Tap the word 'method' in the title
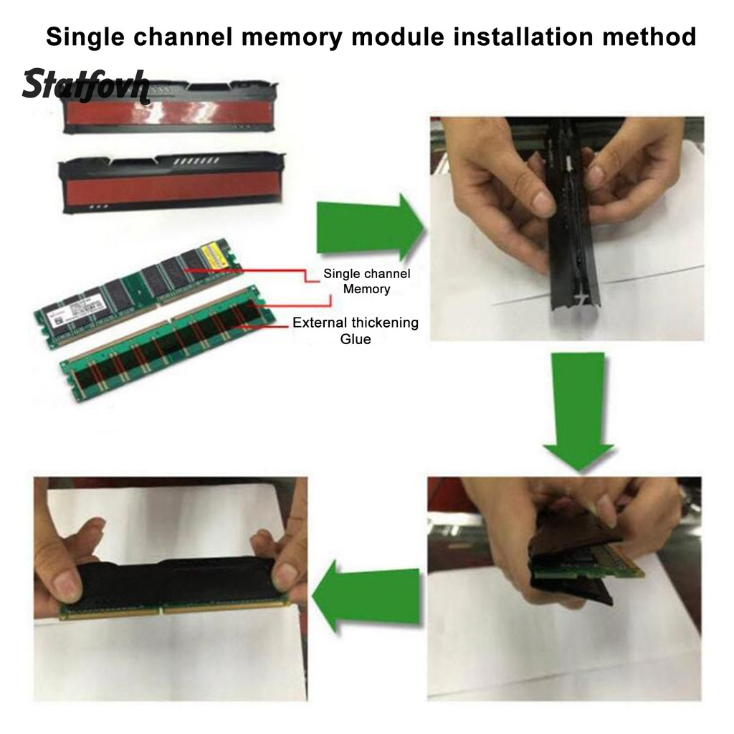(649, 37)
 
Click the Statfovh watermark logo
(85, 87)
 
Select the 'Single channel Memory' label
(366, 282)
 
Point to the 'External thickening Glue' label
(355, 330)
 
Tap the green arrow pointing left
(366, 595)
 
